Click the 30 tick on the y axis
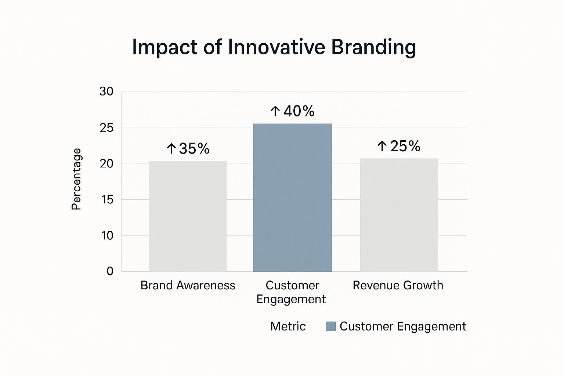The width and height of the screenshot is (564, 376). [106, 91]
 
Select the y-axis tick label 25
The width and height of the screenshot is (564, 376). [106, 127]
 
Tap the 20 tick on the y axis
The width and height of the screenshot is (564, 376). [106, 163]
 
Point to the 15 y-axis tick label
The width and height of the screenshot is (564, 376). [106, 199]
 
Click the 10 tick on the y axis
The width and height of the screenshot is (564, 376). [107, 235]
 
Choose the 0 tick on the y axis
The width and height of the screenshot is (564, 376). [110, 271]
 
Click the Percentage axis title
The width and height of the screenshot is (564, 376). [76, 179]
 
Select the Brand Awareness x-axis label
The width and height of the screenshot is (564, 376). [188, 285]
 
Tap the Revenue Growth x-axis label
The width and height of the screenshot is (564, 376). [398, 285]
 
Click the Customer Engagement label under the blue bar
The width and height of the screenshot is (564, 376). [292, 292]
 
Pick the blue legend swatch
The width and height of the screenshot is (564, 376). [331, 326]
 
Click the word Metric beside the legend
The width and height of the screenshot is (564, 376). [288, 326]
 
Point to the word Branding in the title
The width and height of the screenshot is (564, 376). [373, 47]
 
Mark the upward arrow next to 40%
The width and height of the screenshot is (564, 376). [275, 111]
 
